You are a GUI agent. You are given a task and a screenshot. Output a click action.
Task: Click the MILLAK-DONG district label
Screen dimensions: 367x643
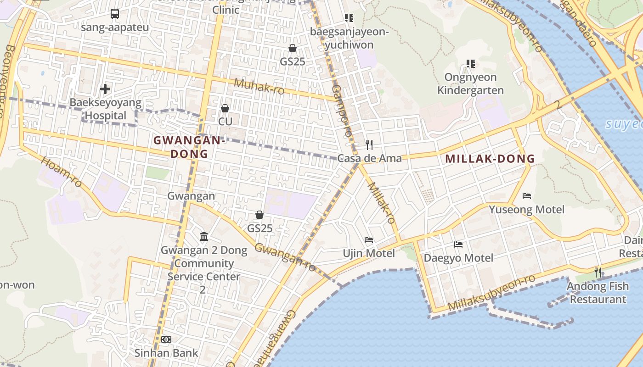tap(490, 159)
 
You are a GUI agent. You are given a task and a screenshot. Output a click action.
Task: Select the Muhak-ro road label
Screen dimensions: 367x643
tap(259, 86)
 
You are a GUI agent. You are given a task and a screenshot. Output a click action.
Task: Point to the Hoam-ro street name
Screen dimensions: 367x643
tap(61, 172)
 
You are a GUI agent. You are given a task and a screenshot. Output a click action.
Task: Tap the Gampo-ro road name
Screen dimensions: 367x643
tap(342, 110)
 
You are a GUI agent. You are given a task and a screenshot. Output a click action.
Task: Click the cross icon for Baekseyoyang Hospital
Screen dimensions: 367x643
tap(105, 89)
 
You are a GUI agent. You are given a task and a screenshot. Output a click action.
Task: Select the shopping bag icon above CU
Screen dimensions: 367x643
tap(225, 108)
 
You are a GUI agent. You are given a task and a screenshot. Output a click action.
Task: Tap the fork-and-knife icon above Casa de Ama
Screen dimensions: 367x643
tap(369, 145)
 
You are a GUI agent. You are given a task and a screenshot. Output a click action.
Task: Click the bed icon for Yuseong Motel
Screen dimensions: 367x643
tap(527, 196)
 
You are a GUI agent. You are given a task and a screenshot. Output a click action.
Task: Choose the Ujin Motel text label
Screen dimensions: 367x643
tap(369, 253)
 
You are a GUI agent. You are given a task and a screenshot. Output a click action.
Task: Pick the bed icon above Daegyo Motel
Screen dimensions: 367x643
tap(458, 245)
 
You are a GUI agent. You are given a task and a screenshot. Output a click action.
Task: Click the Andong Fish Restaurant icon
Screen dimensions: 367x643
tap(598, 272)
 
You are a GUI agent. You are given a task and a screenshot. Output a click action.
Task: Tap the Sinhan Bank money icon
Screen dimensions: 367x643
tap(166, 339)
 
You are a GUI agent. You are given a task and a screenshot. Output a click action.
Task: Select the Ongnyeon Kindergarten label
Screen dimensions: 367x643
tap(470, 83)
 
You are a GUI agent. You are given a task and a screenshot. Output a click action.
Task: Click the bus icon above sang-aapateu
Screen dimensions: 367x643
tap(115, 14)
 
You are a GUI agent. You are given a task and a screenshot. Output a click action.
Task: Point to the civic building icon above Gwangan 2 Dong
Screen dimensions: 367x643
tap(204, 237)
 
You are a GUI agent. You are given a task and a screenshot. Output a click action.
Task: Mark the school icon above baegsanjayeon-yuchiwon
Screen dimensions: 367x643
tap(349, 18)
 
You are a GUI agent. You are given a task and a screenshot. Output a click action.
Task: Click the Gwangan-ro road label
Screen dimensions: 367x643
tap(285, 257)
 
